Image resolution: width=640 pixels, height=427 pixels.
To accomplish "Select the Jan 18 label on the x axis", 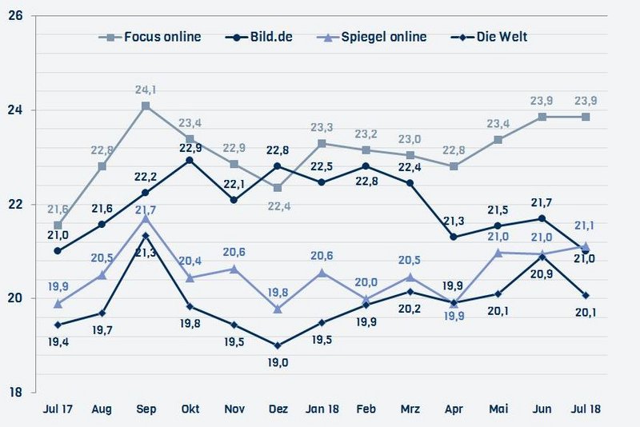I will [322, 409].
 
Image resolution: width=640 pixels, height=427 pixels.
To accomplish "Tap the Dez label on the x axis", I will [278, 409].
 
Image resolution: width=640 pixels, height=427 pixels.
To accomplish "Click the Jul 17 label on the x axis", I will [58, 409].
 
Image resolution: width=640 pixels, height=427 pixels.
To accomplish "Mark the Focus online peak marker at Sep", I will [146, 106].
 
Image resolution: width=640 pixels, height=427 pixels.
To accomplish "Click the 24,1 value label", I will [146, 90].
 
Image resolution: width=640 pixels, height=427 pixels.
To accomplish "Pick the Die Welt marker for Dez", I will [278, 345].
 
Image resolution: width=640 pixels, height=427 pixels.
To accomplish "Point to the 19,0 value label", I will [278, 363].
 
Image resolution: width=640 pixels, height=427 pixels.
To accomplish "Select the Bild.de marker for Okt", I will [190, 160].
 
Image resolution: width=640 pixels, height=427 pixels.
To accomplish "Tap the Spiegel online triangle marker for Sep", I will [146, 217].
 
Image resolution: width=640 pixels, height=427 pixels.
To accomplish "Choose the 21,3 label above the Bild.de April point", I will [454, 220].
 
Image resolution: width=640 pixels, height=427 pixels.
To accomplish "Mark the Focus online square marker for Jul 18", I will [586, 117].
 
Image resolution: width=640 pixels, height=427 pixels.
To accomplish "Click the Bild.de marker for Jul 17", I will [58, 251].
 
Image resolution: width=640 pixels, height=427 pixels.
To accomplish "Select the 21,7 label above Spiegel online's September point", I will [146, 210].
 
